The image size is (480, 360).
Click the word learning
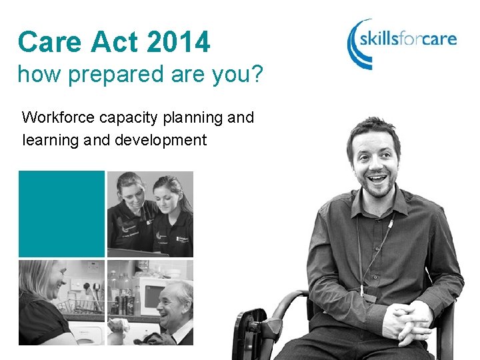pos(51,140)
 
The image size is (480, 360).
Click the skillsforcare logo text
pos(408,39)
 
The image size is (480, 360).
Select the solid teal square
pos(61,214)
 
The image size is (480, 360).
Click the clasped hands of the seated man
pos(407,321)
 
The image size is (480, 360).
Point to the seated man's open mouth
pos(377,179)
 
